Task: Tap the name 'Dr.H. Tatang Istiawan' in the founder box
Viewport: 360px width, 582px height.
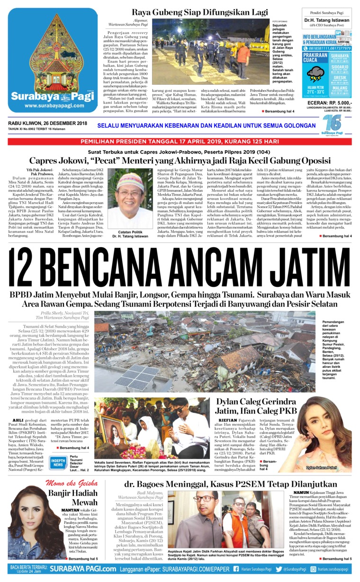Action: coord(327,20)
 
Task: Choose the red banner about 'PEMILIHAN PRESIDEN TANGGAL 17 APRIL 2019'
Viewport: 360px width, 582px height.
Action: coord(180,141)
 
